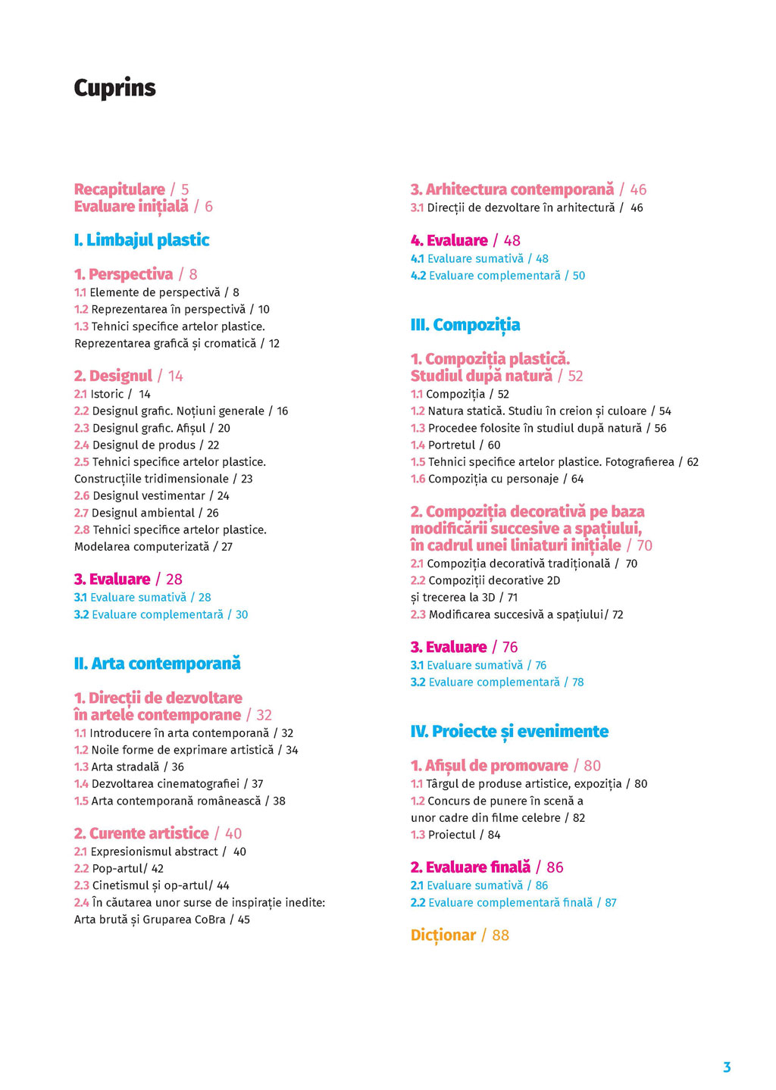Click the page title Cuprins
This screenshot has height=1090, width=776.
tap(114, 88)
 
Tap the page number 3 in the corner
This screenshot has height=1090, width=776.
tap(727, 1067)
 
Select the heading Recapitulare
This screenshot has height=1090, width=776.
tap(120, 189)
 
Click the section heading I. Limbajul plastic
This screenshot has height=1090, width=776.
tap(142, 240)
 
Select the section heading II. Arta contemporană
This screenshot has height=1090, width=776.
tap(158, 664)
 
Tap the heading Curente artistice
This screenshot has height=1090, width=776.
tap(149, 833)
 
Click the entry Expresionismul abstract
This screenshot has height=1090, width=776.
tap(154, 851)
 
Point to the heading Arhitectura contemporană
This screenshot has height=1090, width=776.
tap(519, 189)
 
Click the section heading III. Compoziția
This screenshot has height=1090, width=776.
tap(465, 325)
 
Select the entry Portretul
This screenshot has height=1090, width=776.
tap(452, 445)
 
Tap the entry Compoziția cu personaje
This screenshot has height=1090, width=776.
tap(493, 479)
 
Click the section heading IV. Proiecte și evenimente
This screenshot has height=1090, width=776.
tap(509, 732)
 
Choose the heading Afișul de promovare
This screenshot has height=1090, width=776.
tap(496, 766)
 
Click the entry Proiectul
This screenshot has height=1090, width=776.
tap(452, 835)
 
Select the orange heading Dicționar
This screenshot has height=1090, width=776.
tap(443, 935)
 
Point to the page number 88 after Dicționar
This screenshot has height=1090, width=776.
tap(501, 935)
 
